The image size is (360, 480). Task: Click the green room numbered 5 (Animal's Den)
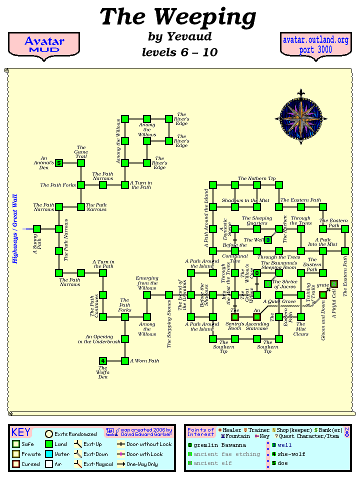59,163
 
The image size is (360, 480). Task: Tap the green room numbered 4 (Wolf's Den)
103,361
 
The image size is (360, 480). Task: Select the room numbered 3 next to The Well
268,240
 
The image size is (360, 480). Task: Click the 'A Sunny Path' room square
37,229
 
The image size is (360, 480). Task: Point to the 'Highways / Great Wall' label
15,229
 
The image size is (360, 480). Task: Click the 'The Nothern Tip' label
256,178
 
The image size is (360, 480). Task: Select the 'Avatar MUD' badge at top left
44,45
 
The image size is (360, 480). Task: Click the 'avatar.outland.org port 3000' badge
315,45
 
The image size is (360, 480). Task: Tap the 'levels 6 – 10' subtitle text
179,52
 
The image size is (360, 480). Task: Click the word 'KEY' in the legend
21,432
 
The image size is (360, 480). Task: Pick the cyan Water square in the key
49,454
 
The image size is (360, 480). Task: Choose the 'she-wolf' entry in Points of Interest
292,454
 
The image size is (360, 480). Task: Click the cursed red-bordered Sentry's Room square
235,317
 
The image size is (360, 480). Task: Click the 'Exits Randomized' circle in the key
49,434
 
